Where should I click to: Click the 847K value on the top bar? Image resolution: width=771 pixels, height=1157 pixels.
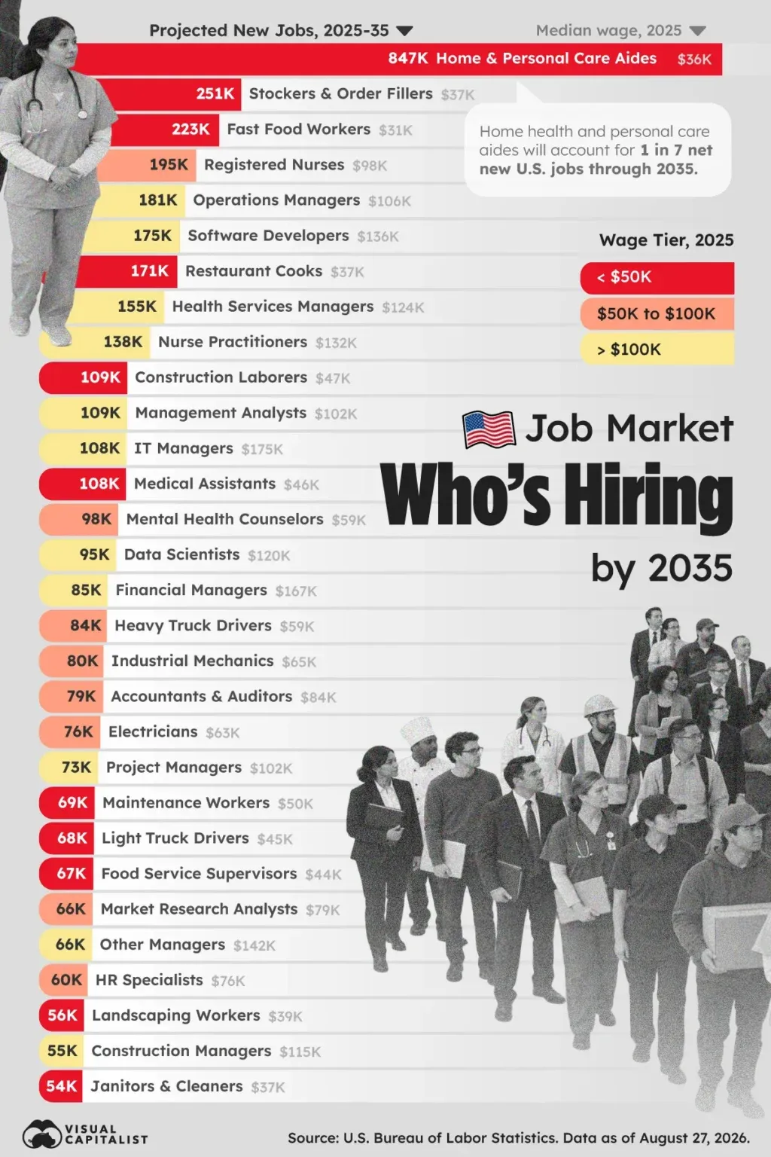pyautogui.click(x=408, y=58)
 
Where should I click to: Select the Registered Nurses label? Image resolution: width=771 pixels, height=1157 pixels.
pyautogui.click(x=274, y=165)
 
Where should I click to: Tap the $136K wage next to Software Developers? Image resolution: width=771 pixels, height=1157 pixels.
pyautogui.click(x=378, y=237)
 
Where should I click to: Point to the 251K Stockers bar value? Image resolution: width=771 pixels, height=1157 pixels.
pyautogui.click(x=215, y=94)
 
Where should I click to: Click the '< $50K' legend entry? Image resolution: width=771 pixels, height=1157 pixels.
pyautogui.click(x=657, y=277)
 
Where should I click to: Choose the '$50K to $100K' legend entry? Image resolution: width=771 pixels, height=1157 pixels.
pyautogui.click(x=657, y=313)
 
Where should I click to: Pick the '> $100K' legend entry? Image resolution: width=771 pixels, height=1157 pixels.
pyautogui.click(x=657, y=350)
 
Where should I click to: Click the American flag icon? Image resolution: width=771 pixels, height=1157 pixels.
pyautogui.click(x=489, y=430)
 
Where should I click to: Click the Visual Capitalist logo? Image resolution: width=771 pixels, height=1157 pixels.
pyautogui.click(x=85, y=1134)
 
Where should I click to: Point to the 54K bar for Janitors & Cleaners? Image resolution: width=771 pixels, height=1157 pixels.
pyautogui.click(x=61, y=1086)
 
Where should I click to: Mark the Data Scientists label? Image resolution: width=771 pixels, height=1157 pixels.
pyautogui.click(x=181, y=554)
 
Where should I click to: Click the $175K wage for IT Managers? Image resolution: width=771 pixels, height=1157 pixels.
pyautogui.click(x=262, y=450)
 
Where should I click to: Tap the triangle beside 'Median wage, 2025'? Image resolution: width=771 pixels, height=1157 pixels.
pyautogui.click(x=697, y=31)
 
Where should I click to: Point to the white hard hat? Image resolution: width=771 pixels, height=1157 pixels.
pyautogui.click(x=601, y=705)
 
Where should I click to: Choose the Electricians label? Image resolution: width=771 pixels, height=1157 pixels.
pyautogui.click(x=153, y=732)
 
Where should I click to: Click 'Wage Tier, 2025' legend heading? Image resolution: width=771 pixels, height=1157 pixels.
pyautogui.click(x=666, y=240)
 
